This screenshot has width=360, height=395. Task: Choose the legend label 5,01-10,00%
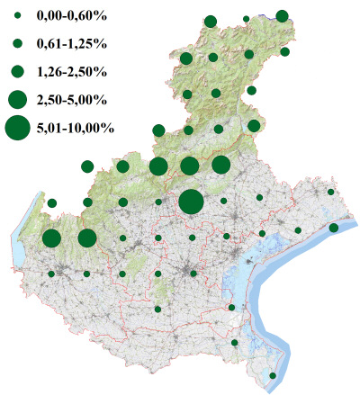point(75,129)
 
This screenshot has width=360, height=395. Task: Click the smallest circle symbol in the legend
point(17,16)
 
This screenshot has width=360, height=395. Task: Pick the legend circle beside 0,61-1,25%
point(17,43)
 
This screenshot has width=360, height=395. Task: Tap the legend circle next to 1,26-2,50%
point(17,71)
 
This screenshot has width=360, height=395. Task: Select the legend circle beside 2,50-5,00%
point(17,99)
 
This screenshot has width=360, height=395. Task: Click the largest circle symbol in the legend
point(17,129)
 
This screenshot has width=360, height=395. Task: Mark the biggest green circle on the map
point(191,202)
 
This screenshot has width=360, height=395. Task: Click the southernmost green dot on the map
point(273,375)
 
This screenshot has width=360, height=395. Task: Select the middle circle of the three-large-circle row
point(189,166)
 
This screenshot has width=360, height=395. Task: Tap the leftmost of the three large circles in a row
point(157,166)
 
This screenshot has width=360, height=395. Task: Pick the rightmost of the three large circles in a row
point(220,165)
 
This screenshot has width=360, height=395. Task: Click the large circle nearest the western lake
point(51,238)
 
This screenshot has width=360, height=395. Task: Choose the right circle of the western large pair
point(87,238)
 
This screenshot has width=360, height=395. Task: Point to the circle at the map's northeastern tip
point(282,15)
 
